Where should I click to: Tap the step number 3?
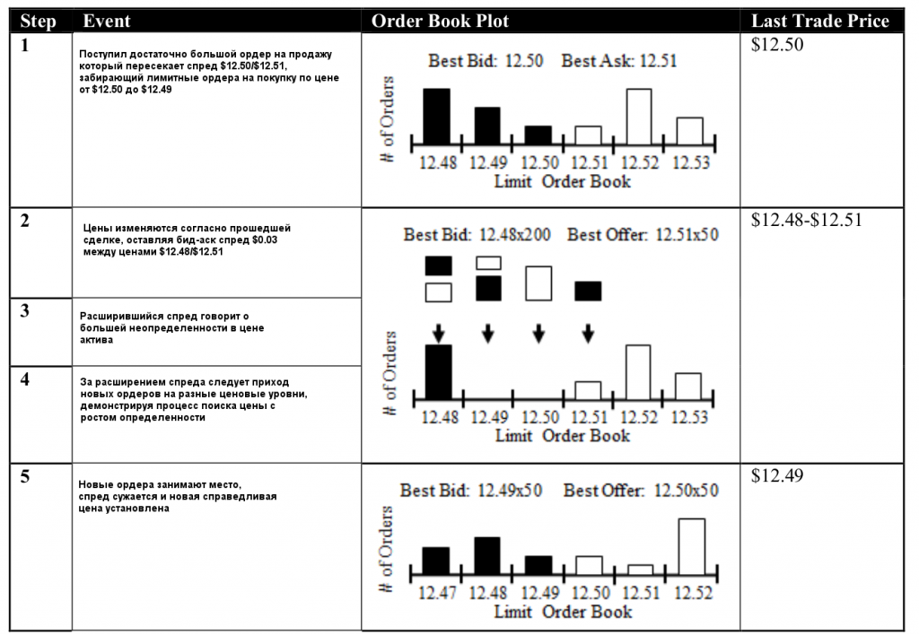point(24,310)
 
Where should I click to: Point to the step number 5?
point(24,476)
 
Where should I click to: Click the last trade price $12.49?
point(778,475)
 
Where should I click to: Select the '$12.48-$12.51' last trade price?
point(806,220)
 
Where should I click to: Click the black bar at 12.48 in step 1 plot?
point(436,116)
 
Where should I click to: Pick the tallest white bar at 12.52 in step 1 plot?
point(638,116)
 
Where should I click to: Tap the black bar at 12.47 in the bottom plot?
point(435,561)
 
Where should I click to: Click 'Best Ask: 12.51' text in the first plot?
point(618,62)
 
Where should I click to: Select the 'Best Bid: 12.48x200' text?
point(477,235)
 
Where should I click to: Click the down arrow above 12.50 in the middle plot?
point(538,333)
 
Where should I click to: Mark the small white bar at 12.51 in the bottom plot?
point(641,569)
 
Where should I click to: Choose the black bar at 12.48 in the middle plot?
point(438,371)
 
